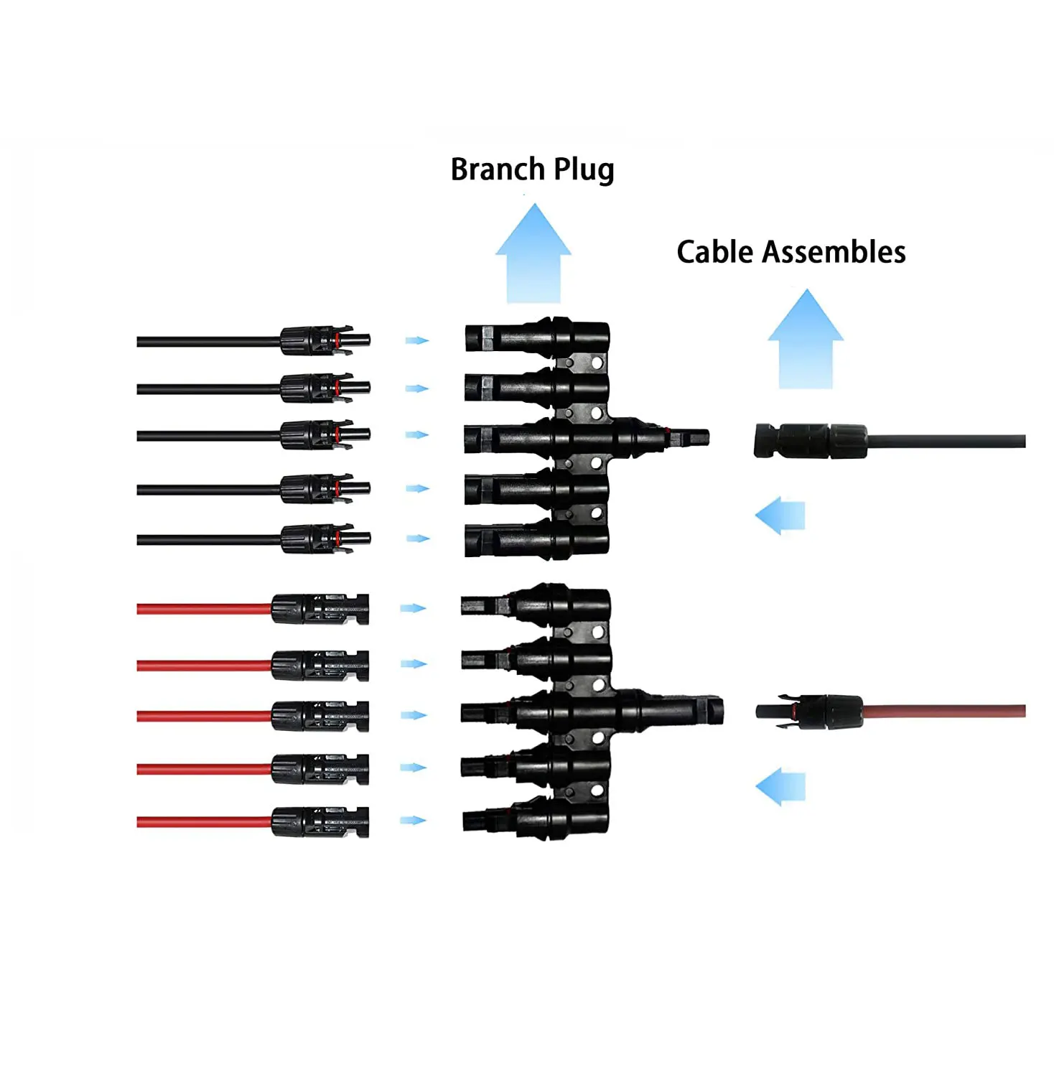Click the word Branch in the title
497,169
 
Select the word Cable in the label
715,252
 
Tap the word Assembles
834,252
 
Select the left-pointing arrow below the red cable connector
780,786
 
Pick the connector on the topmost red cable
320,609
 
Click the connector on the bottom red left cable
320,822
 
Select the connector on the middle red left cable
320,716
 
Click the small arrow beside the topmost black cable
416,340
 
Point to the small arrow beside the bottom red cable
413,820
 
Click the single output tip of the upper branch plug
689,436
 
